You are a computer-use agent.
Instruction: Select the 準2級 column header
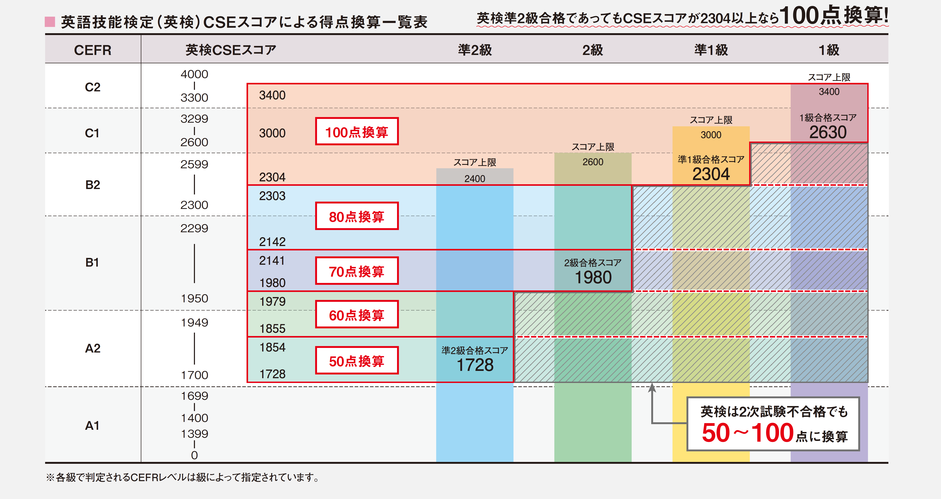click(x=475, y=50)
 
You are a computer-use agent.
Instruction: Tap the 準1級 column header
click(x=711, y=50)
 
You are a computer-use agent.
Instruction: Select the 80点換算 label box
click(x=357, y=216)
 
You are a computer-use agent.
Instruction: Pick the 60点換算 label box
click(x=357, y=315)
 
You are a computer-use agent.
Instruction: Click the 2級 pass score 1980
click(x=593, y=277)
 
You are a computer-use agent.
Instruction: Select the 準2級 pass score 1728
click(x=475, y=365)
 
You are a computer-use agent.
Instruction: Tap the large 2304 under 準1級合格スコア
click(x=711, y=174)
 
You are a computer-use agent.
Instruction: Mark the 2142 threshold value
click(x=272, y=242)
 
